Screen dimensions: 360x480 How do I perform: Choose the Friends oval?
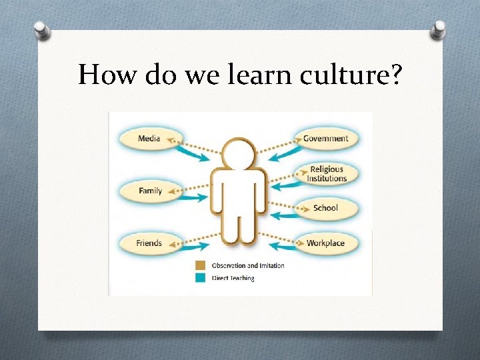tap(148, 243)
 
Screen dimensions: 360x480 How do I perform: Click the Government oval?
tap(326, 139)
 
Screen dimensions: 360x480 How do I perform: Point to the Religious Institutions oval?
tap(327, 174)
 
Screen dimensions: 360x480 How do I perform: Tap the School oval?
tap(325, 208)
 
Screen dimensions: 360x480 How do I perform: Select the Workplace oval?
tap(325, 243)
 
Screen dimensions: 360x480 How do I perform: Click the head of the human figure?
tap(239, 153)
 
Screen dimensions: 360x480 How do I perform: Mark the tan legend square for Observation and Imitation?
tap(200, 265)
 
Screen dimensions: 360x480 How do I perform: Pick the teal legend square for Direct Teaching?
tap(200, 277)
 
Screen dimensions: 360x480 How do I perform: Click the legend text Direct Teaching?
tap(233, 278)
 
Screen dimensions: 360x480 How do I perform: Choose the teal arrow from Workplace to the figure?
tap(283, 246)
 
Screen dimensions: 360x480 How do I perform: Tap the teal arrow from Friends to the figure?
tap(193, 247)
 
